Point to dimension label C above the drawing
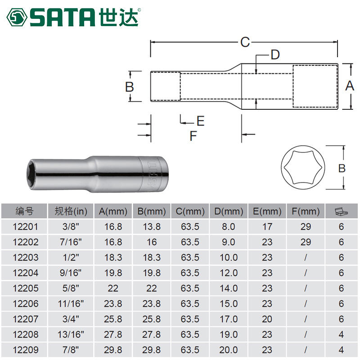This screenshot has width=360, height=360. pos(244,42)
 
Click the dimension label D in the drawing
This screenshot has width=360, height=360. pos(275,55)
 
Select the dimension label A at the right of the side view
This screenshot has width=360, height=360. pos(349,86)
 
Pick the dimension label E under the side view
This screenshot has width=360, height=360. pos(200,121)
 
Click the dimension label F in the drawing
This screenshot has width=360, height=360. pos(193,135)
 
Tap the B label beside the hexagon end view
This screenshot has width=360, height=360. pos(342,168)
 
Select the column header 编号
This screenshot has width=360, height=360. pos(25,211)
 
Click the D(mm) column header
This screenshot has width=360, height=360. pos(229,211)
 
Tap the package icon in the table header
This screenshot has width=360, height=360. pos(342,211)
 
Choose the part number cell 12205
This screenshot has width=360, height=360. pos(25,288)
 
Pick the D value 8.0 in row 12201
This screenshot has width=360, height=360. pos(229,227)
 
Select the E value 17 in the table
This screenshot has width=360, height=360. pos(267,227)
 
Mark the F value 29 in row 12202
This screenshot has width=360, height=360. pos(306,242)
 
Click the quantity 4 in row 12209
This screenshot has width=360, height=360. pos(342,350)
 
